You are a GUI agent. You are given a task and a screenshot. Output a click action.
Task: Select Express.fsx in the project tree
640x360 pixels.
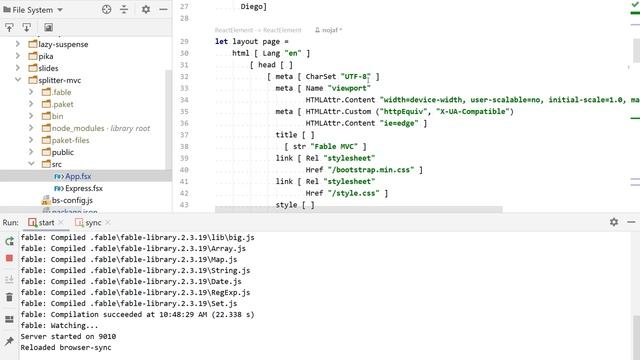(83, 188)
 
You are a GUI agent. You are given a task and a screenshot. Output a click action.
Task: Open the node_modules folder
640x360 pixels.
(77, 128)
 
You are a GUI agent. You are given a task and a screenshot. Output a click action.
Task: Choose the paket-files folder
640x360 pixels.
(70, 140)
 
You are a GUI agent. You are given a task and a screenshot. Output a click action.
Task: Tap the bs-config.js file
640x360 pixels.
(72, 200)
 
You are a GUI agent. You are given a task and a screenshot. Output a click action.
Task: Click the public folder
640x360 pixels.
(62, 152)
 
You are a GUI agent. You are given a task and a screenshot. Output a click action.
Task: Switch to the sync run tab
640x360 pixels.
(92, 222)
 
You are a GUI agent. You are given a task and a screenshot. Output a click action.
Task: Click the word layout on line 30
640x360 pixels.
(246, 41)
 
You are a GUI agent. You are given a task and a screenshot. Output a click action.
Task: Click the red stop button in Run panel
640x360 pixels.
(9, 258)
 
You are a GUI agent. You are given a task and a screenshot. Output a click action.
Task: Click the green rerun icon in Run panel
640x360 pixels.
(9, 241)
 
